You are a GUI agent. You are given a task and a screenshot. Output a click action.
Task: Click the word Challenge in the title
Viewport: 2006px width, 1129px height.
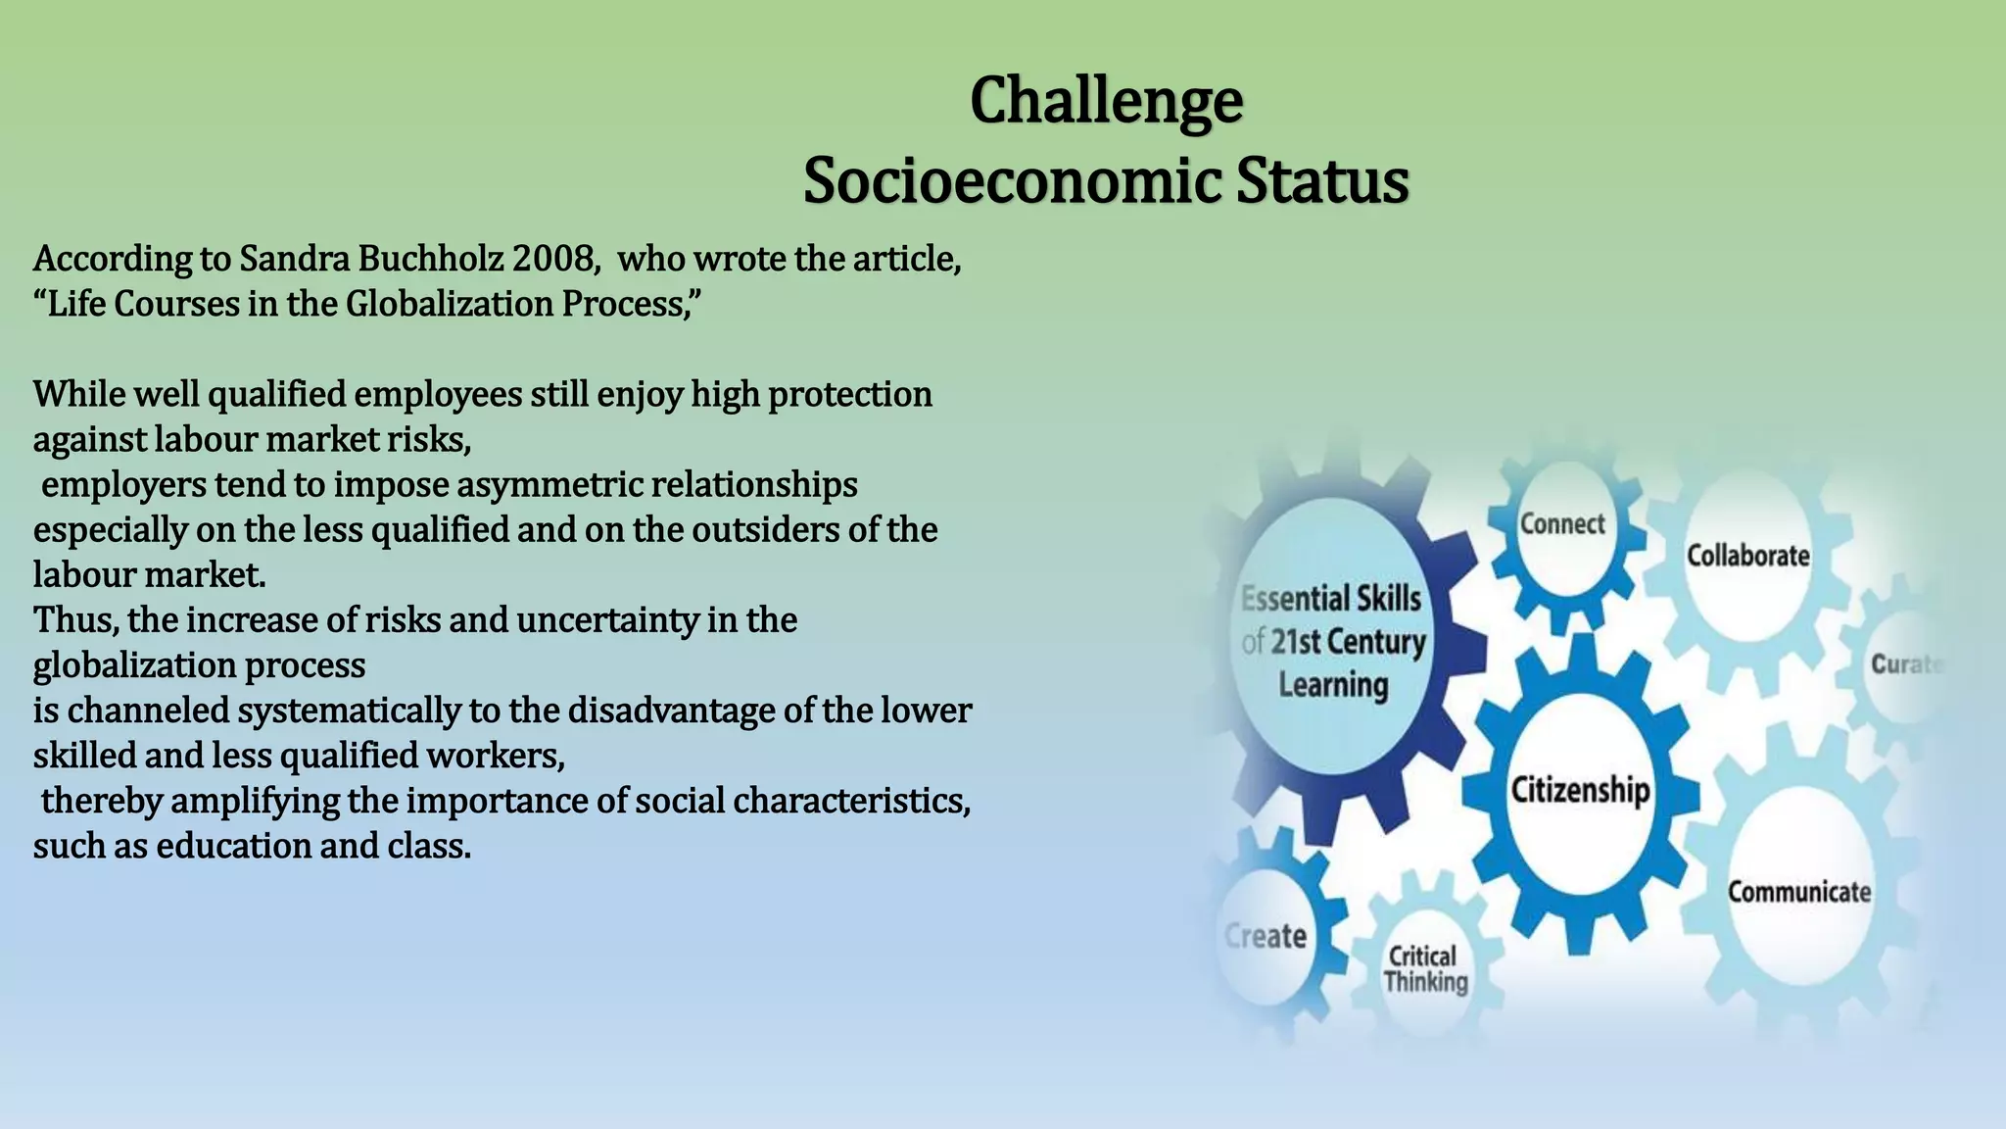coord(1106,101)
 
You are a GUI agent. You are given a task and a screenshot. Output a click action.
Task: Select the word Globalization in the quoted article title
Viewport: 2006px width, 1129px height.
coord(450,304)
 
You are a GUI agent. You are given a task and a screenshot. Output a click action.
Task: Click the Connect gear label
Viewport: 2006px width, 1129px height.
coord(1562,524)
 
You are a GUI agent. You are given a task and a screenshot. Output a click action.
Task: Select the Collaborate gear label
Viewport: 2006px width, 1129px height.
coord(1747,556)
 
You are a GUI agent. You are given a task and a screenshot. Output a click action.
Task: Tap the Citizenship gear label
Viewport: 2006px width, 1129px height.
coord(1580,789)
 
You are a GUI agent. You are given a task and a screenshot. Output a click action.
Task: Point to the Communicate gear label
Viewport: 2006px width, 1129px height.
coord(1798,892)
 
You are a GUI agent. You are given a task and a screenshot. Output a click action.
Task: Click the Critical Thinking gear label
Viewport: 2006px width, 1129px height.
coord(1425,968)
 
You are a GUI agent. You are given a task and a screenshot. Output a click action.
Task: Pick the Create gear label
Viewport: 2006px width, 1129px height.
coord(1266,936)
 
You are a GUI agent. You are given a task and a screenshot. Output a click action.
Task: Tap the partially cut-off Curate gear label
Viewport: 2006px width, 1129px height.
coord(1905,664)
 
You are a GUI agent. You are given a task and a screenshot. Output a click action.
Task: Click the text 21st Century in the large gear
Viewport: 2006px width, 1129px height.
coord(1348,642)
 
